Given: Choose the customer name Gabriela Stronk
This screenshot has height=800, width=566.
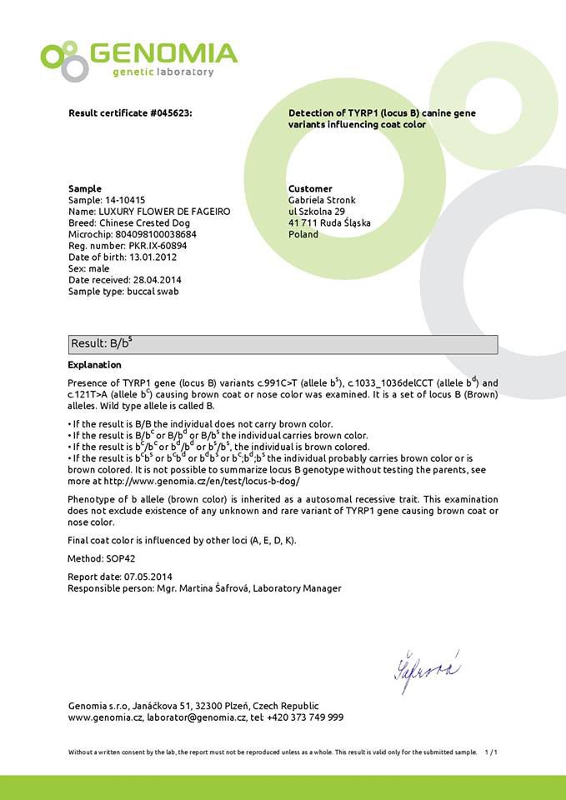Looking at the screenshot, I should coord(323,200).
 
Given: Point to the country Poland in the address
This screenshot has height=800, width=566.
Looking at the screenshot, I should coord(303,235).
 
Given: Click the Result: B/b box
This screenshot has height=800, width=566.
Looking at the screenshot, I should coord(283,344).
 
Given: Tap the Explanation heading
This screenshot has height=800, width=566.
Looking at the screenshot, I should coord(94,365).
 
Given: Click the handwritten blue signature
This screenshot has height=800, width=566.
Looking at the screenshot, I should coord(425,669).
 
